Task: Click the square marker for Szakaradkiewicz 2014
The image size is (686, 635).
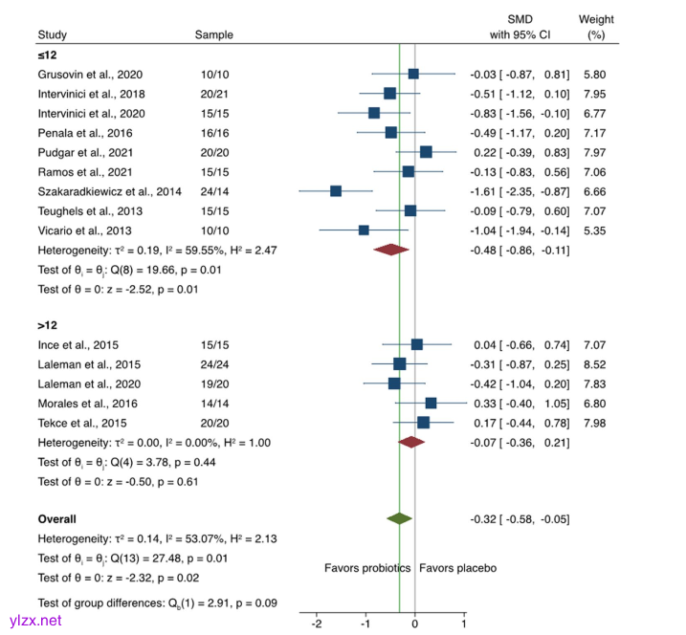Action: pyautogui.click(x=336, y=191)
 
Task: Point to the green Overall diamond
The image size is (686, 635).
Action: pyautogui.click(x=399, y=518)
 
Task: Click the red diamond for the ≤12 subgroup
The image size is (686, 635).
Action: pyautogui.click(x=390, y=250)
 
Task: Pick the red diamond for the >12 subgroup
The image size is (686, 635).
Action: pyautogui.click(x=411, y=442)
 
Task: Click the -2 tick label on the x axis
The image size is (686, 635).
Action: pyautogui.click(x=316, y=624)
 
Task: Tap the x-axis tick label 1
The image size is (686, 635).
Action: pyautogui.click(x=464, y=624)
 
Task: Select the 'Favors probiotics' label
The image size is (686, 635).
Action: pyautogui.click(x=366, y=568)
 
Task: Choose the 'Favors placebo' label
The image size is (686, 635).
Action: pyautogui.click(x=457, y=568)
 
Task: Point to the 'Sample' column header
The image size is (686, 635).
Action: pyautogui.click(x=213, y=35)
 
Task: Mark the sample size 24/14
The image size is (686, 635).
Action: pyautogui.click(x=214, y=191)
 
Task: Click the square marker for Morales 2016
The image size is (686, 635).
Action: pyautogui.click(x=431, y=403)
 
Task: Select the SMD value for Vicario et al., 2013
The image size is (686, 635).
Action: pyautogui.click(x=520, y=230)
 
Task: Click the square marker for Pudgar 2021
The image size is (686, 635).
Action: pyautogui.click(x=426, y=152)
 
